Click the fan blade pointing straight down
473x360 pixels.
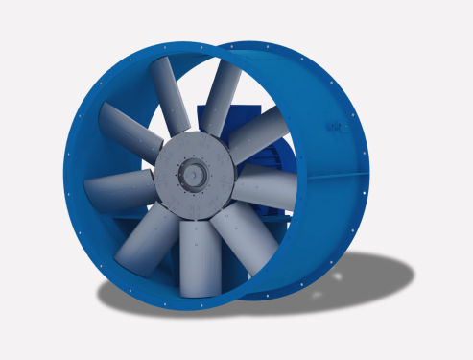pos(194,256)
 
